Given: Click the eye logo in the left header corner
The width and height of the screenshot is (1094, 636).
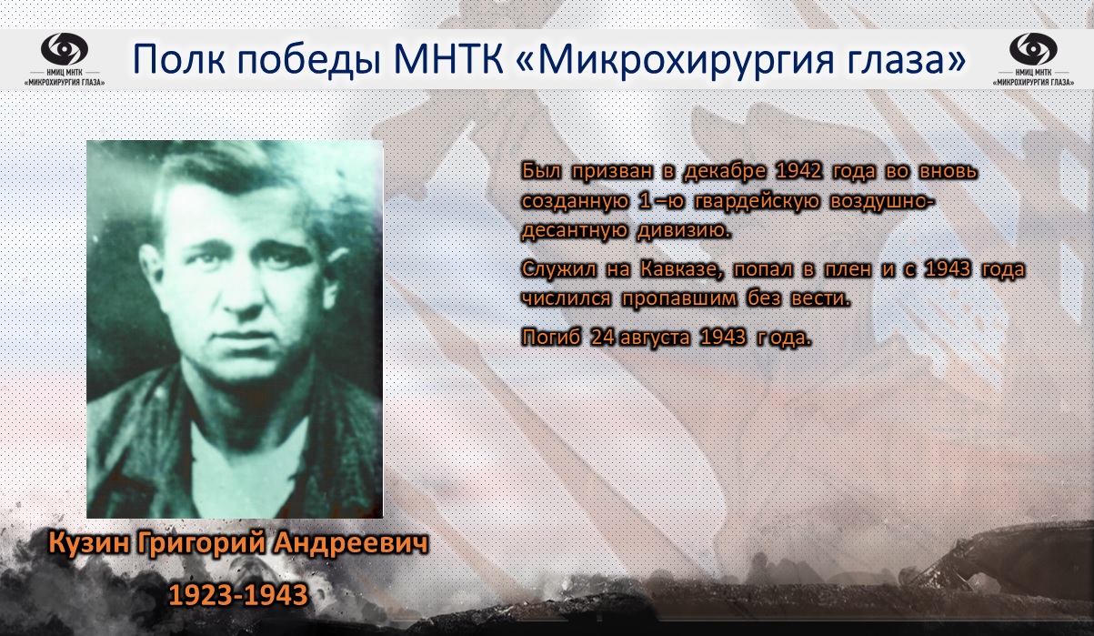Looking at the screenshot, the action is [x=65, y=49].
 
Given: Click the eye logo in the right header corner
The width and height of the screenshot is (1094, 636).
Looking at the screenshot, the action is [x=1033, y=49].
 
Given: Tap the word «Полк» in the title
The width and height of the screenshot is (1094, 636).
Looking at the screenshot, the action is [x=179, y=59].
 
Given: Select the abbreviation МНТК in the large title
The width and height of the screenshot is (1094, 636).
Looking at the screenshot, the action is [x=448, y=59].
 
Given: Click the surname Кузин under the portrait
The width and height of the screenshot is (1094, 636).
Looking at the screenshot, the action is [x=89, y=542].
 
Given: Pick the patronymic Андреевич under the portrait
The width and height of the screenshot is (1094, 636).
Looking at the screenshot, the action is [x=350, y=542].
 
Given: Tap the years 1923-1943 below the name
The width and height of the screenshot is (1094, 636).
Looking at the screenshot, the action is [x=238, y=595].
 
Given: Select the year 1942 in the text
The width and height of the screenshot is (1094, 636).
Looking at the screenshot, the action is [x=798, y=171].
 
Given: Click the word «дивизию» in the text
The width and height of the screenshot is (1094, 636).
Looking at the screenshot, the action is [x=684, y=230].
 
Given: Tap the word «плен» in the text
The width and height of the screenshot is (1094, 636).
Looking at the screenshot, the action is [x=848, y=269].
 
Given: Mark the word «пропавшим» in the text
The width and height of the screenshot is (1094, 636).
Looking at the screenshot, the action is [x=679, y=298].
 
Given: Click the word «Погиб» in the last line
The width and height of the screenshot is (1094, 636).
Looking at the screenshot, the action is [x=551, y=338].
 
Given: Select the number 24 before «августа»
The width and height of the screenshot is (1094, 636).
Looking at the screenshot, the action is [x=603, y=338].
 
